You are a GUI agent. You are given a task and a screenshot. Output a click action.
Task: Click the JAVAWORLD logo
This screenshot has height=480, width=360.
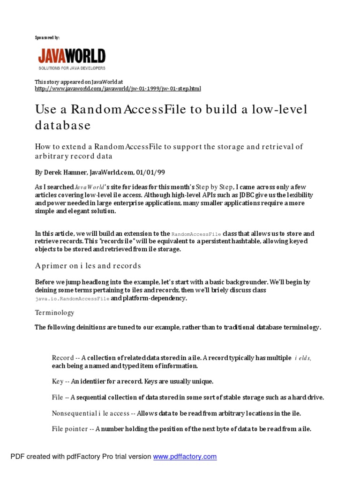point(72,57)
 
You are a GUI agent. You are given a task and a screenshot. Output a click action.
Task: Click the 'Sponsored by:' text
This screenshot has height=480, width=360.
point(47,37)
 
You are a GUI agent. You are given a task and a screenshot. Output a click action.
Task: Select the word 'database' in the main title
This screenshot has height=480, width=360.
point(63,126)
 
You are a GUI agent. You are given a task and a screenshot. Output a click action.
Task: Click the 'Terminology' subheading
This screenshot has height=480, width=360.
point(54,313)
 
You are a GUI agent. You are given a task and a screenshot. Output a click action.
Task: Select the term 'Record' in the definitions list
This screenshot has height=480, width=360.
point(63,358)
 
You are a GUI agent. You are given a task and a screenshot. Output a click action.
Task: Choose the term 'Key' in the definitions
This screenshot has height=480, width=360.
point(57,382)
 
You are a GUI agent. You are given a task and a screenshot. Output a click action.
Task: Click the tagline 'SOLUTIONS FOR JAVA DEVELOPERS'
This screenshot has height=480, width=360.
point(72,68)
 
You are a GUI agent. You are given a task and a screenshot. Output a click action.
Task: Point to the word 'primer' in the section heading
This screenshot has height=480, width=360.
point(54,266)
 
